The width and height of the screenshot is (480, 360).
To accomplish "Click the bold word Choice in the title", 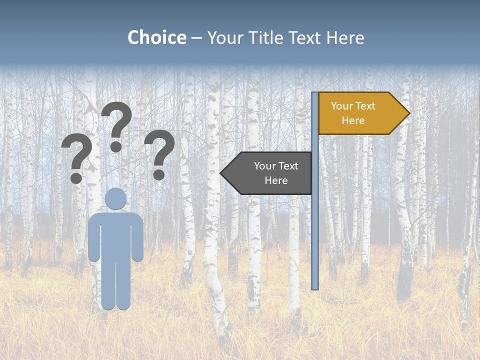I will click(x=156, y=37).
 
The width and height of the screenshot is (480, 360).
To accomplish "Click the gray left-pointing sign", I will click(x=270, y=173).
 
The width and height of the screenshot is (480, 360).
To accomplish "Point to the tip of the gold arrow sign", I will click(x=408, y=113).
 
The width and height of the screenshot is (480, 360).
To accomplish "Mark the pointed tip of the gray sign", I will click(x=221, y=173).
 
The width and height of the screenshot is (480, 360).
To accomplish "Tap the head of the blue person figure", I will click(x=116, y=198).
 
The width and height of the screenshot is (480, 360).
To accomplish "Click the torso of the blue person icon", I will click(x=116, y=235).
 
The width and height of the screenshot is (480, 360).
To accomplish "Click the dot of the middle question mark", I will click(x=116, y=146).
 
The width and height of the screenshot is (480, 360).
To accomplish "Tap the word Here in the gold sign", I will click(x=353, y=120).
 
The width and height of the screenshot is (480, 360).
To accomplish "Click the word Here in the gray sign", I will click(x=276, y=180).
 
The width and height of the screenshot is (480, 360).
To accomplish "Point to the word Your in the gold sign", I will click(x=341, y=106).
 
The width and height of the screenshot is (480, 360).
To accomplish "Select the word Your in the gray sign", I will click(x=264, y=166).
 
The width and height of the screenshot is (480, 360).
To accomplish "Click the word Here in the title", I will click(x=345, y=37).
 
